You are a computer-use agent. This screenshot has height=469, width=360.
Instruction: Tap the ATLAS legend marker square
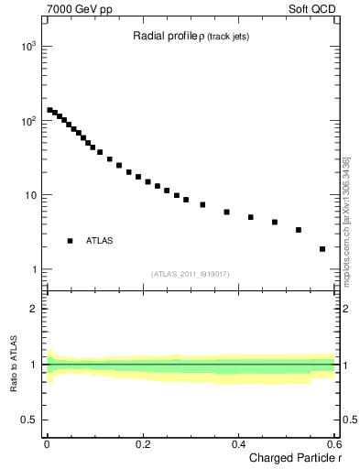click(70, 241)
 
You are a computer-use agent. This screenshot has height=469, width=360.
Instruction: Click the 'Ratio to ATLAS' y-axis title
click(14, 365)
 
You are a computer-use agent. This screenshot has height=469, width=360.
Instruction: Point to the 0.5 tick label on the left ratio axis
click(30, 420)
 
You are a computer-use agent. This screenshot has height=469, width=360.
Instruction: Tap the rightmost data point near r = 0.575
click(322, 248)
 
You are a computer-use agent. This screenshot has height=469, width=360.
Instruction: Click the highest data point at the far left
click(49, 110)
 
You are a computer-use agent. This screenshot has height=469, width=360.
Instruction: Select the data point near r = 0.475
click(275, 222)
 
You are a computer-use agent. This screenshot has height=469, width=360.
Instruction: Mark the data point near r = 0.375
click(226, 212)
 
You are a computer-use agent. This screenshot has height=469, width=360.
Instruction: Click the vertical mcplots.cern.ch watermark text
click(346, 220)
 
